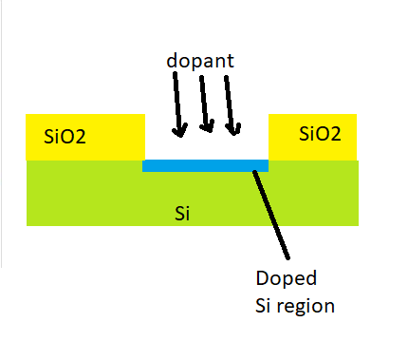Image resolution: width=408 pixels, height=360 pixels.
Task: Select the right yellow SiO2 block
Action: (x=313, y=137)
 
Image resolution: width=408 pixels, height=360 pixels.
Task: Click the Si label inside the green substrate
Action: (x=184, y=212)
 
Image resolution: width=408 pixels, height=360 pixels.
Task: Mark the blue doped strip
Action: (x=204, y=165)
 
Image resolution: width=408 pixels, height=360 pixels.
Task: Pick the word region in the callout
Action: (x=309, y=307)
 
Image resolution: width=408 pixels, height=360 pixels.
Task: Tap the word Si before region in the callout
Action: (x=265, y=307)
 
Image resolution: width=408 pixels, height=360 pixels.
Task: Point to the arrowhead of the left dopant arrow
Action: (x=174, y=130)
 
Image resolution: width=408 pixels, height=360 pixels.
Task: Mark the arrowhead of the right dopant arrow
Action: (x=236, y=127)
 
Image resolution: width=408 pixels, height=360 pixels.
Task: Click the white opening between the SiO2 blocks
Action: (x=205, y=142)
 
